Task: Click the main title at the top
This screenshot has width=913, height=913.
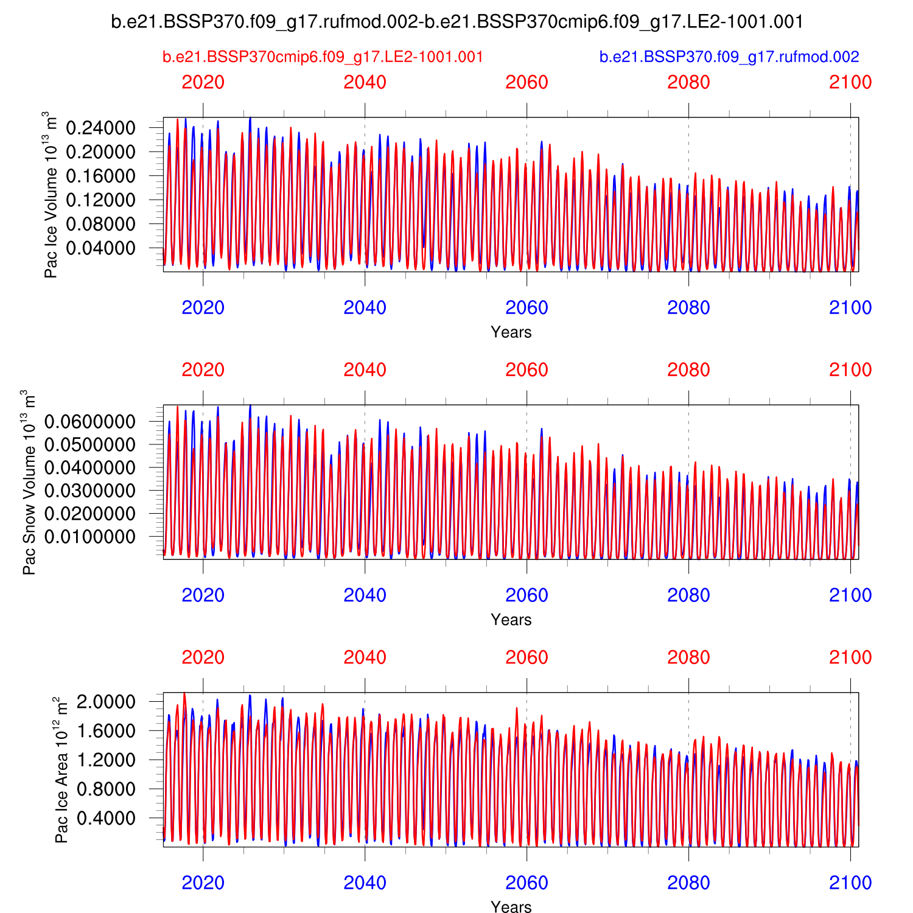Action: (457, 22)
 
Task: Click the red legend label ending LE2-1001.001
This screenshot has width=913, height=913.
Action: (323, 57)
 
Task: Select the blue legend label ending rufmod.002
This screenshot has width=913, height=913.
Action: (729, 57)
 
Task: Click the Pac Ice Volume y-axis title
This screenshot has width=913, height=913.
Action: (51, 195)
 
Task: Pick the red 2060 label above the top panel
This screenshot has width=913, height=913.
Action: (526, 82)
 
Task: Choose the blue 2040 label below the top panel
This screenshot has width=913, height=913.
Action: (365, 308)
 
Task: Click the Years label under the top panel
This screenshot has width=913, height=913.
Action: (511, 332)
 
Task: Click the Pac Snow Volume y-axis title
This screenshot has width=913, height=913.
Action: (29, 482)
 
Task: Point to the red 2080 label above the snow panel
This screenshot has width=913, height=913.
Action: (688, 370)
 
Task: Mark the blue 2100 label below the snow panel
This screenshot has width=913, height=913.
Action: (850, 595)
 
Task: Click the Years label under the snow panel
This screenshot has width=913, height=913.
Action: (511, 620)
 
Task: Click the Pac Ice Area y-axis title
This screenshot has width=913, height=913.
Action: (61, 770)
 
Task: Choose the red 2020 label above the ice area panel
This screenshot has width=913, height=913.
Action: (203, 657)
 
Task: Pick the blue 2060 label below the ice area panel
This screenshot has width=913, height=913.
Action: (526, 883)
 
